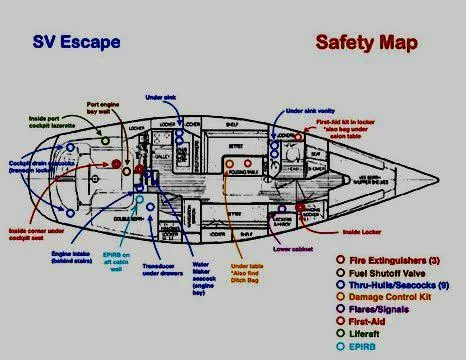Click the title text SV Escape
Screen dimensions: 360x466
coord(76,42)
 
